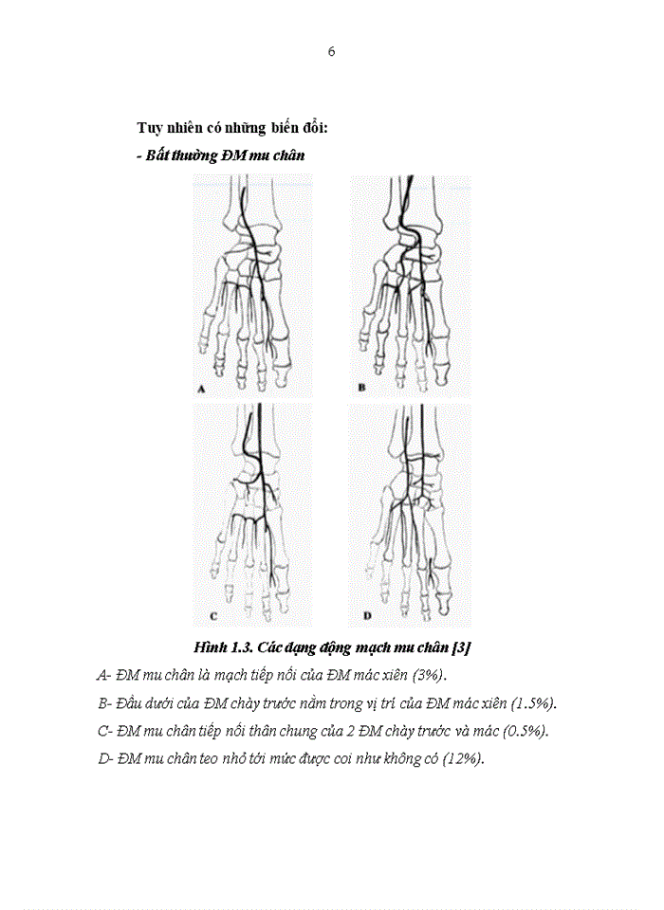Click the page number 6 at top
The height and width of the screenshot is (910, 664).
point(331,52)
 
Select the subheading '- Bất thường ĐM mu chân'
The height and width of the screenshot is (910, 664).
point(221,155)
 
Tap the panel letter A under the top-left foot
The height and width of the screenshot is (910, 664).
point(201,389)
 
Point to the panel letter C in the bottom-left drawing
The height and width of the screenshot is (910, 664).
point(213,616)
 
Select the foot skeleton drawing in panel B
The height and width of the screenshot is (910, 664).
point(410,284)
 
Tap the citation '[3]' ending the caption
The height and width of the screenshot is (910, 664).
point(462,647)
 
